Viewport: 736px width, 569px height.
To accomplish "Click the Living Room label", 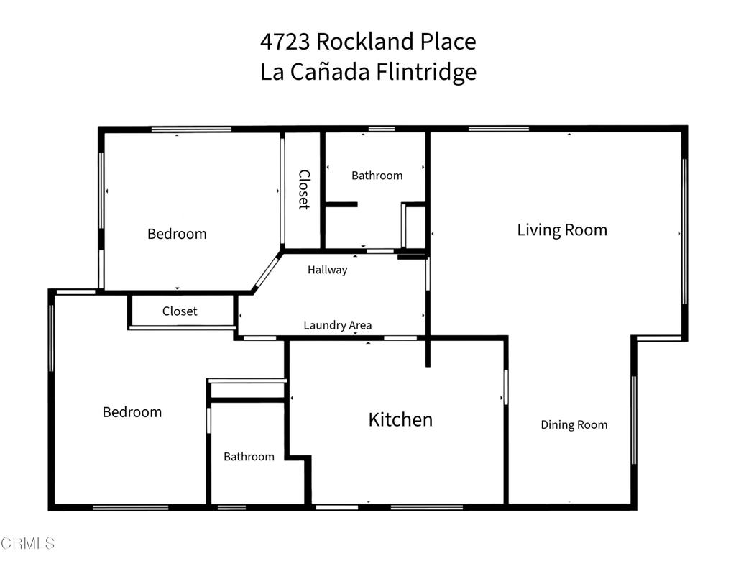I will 562,230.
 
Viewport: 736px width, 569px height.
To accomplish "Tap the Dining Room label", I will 574,424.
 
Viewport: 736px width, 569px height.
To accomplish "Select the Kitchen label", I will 400,419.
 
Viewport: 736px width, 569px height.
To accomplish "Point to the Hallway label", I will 327,270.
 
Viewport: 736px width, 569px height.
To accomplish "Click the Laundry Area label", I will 337,325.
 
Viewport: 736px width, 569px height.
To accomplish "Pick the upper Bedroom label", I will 177,234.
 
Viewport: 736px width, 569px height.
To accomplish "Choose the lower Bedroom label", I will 132,412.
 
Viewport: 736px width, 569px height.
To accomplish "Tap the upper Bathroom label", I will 377,176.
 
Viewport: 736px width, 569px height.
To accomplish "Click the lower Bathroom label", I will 249,457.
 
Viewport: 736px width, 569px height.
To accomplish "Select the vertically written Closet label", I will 303,189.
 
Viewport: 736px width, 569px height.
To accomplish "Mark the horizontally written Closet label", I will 180,311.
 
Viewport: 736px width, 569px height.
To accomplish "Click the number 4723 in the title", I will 285,42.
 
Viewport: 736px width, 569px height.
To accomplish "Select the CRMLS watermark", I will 28,543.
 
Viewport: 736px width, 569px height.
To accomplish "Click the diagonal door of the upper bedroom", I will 267,272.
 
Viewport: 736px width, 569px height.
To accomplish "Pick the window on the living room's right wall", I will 684,230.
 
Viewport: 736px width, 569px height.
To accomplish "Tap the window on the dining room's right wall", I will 633,420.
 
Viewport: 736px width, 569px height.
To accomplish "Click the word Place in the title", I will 448,42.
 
